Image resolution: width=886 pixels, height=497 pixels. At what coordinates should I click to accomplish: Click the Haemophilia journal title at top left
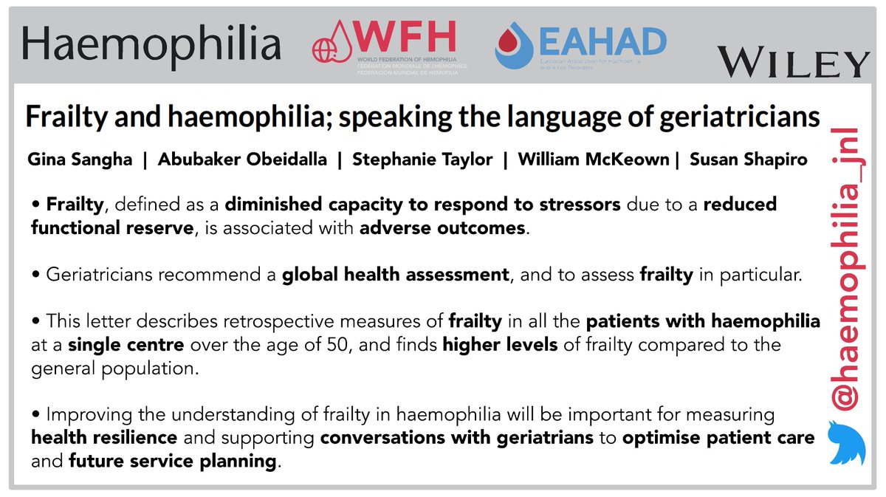click(151, 45)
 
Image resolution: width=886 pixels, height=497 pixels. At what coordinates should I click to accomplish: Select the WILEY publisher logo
click(794, 62)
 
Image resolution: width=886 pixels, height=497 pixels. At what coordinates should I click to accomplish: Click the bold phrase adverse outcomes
click(443, 228)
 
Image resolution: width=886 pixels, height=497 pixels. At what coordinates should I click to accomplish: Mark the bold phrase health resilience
click(104, 438)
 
